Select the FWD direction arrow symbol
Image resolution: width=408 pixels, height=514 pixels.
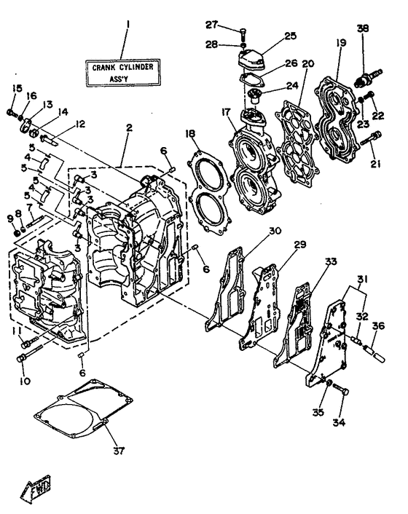coord(36,494)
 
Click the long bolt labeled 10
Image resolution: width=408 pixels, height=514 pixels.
coord(25,357)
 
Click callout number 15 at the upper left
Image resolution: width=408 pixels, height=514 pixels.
coord(16,89)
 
